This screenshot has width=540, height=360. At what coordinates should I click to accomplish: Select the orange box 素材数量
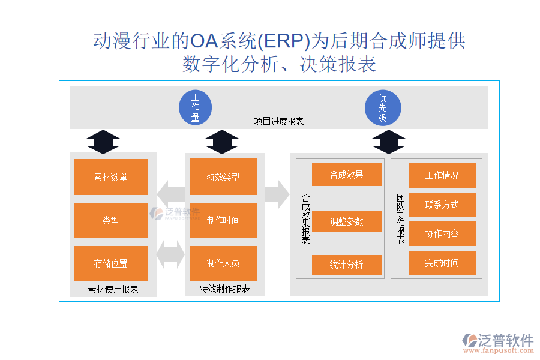[111, 177]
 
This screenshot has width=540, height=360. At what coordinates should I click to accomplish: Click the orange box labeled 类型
[111, 220]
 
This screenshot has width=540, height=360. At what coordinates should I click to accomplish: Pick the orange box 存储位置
[111, 263]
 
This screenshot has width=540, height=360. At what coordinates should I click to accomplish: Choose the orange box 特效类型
[223, 177]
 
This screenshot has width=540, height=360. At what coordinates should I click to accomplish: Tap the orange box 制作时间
[223, 220]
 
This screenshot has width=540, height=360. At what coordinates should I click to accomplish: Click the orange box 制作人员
[223, 263]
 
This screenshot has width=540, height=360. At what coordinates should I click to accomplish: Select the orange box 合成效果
[347, 175]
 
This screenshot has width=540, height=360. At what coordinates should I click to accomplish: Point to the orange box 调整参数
[347, 221]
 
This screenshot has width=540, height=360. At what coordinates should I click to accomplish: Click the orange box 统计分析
[347, 265]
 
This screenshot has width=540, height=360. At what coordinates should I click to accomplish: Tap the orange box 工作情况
[442, 175]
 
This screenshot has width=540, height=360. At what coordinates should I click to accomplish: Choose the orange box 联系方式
[442, 205]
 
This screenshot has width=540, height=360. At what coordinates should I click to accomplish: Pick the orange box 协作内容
[442, 233]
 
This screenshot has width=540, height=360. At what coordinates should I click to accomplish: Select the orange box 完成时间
[442, 263]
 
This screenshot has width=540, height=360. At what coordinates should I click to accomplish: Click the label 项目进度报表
[279, 121]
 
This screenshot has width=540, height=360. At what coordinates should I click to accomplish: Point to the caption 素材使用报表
[113, 289]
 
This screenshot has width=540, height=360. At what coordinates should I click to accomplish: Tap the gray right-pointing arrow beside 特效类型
[276, 194]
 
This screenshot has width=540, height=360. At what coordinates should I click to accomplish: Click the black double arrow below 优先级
[388, 142]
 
